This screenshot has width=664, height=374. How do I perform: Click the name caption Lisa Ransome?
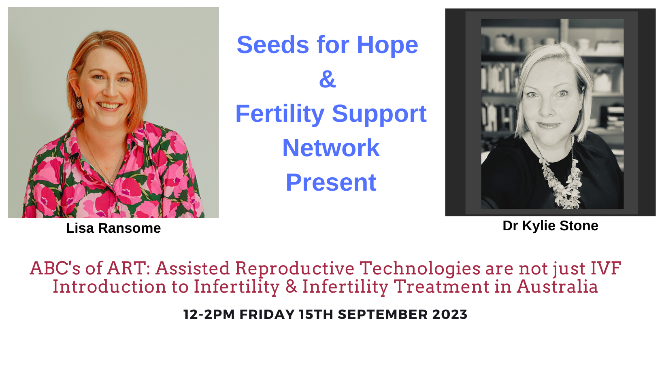click(113, 228)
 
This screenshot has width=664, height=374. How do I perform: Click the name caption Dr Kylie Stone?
click(551, 226)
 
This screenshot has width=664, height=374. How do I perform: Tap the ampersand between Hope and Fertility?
click(328, 79)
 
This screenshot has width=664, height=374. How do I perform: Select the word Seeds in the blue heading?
click(273, 45)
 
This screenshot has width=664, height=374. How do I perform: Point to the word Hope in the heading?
click(387, 45)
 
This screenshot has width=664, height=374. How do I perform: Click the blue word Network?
click(331, 148)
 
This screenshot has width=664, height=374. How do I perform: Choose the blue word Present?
click(331, 182)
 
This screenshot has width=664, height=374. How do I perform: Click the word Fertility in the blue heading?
click(280, 114)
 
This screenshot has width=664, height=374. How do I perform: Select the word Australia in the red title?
click(557, 287)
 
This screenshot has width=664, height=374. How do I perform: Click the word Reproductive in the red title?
click(295, 269)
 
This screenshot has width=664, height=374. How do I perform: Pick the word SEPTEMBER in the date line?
click(383, 314)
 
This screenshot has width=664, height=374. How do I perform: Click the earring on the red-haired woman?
click(79, 103)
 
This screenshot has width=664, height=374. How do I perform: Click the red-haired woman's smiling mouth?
click(109, 106)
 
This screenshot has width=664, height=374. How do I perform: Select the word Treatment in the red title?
click(441, 287)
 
